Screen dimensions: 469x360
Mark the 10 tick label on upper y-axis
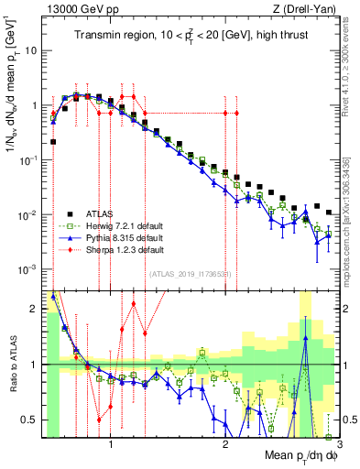pos(31,50)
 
